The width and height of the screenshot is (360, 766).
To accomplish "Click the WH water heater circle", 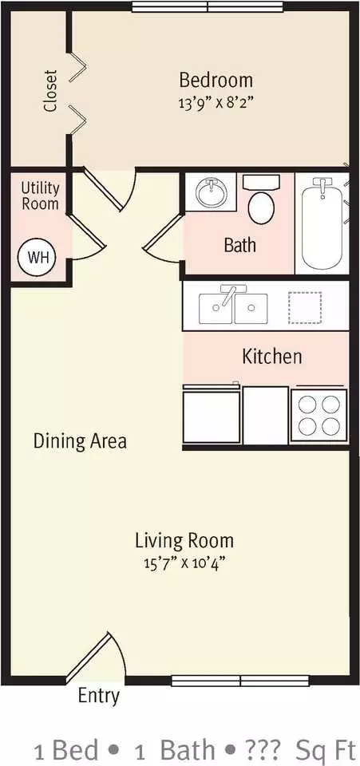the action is (37, 257).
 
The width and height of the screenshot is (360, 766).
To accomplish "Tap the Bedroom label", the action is (216, 80).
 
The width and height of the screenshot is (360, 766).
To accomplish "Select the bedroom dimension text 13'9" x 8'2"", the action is (216, 103).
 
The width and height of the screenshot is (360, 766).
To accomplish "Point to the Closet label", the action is (50, 91).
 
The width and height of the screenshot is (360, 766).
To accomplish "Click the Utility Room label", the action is (40, 196).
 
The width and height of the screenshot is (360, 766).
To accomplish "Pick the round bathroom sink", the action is (213, 192).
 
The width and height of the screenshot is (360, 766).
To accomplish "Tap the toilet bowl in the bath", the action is (261, 207).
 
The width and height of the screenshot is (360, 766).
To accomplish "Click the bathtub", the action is (322, 223).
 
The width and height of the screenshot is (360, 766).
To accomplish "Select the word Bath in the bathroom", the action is (239, 244).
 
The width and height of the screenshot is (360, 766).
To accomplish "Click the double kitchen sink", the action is (233, 308).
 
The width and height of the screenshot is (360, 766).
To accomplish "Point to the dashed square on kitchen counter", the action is (305, 307).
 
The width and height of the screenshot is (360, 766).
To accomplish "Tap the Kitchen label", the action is (272, 357).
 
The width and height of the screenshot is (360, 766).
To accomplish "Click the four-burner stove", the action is (319, 415).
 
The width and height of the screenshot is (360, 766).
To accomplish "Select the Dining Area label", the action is (80, 441).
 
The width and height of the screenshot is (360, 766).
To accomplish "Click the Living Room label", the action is (184, 541).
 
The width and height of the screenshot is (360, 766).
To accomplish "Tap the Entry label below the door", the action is (99, 696).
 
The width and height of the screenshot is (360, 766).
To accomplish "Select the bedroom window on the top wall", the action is (208, 7).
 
